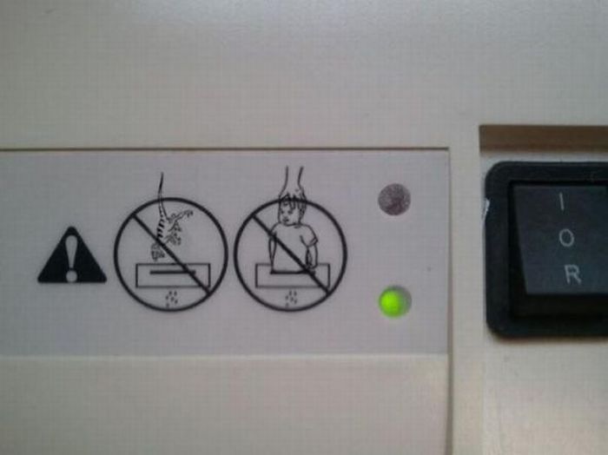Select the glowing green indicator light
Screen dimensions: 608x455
394,301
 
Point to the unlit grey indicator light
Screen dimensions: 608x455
394,199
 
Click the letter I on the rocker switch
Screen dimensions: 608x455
561,201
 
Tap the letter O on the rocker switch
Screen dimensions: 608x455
566,238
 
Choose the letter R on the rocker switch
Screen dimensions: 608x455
572,274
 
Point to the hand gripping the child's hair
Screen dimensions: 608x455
294,186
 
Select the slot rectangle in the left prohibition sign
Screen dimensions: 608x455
173,275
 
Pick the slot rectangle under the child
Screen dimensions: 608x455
293,275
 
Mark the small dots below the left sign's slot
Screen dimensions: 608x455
170,298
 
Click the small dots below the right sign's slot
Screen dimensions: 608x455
291,298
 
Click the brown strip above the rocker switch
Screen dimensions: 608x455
544,137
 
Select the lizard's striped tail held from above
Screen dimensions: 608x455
162,209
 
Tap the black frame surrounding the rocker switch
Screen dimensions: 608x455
500,248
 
